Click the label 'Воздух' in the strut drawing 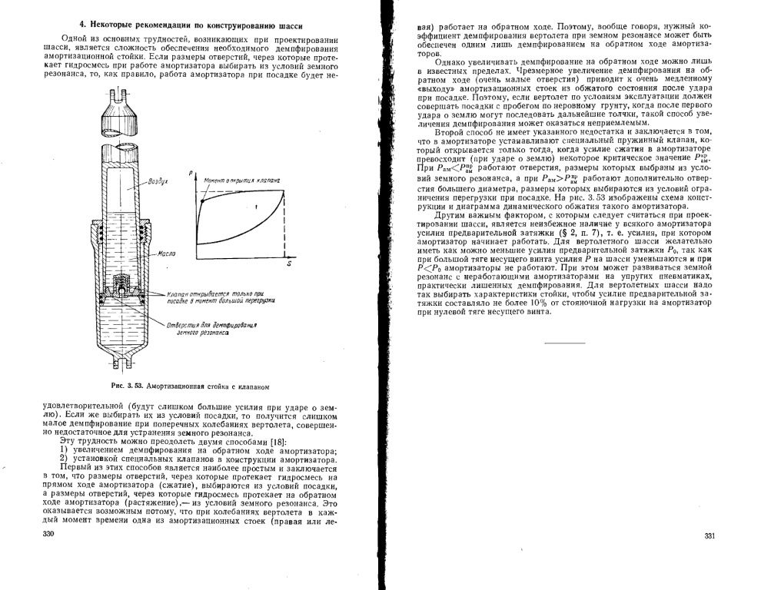(x=158, y=184)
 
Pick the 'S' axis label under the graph (x=289, y=264)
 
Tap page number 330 (x=48, y=532)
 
